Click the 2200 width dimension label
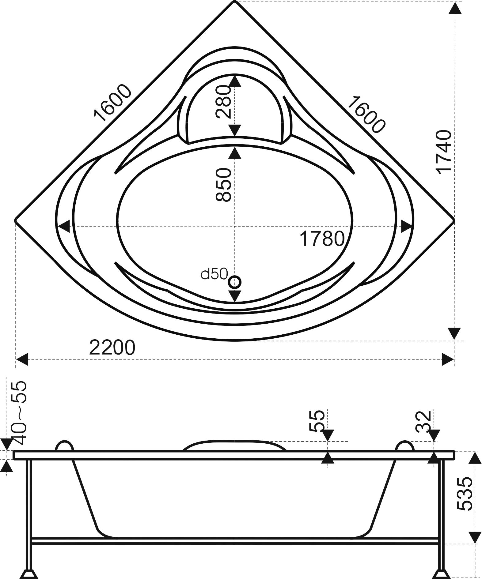[112, 347]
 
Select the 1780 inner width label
[322, 239]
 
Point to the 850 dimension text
[223, 184]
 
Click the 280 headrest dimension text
[223, 102]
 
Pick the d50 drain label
[214, 274]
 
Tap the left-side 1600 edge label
[112, 103]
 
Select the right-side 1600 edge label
[366, 114]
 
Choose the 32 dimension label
[424, 421]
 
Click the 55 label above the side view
[318, 420]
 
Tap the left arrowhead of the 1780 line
[63, 227]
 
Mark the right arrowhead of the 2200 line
[448, 359]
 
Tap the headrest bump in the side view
[234, 445]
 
